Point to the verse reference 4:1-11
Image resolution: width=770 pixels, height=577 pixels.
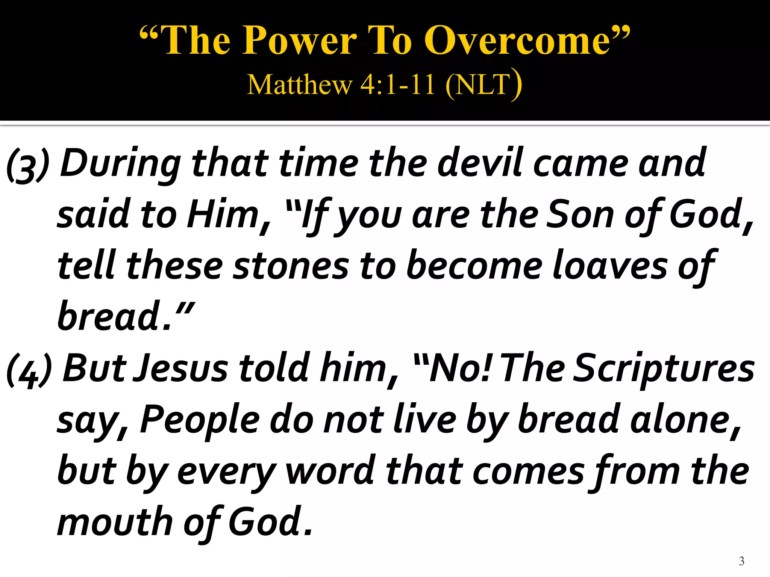pyautogui.click(x=397, y=85)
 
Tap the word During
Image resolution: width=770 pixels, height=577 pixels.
pyautogui.click(x=120, y=163)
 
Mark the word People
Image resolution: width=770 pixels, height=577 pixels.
pyautogui.click(x=200, y=421)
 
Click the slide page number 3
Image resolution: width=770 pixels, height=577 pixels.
pyautogui.click(x=741, y=561)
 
